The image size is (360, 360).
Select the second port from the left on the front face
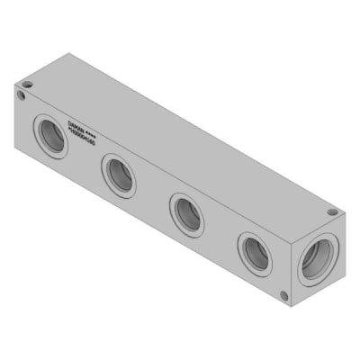(119, 174)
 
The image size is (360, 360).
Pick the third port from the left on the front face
(187, 213)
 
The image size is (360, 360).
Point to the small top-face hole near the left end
(27, 85)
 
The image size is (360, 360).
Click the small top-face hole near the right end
(332, 212)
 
